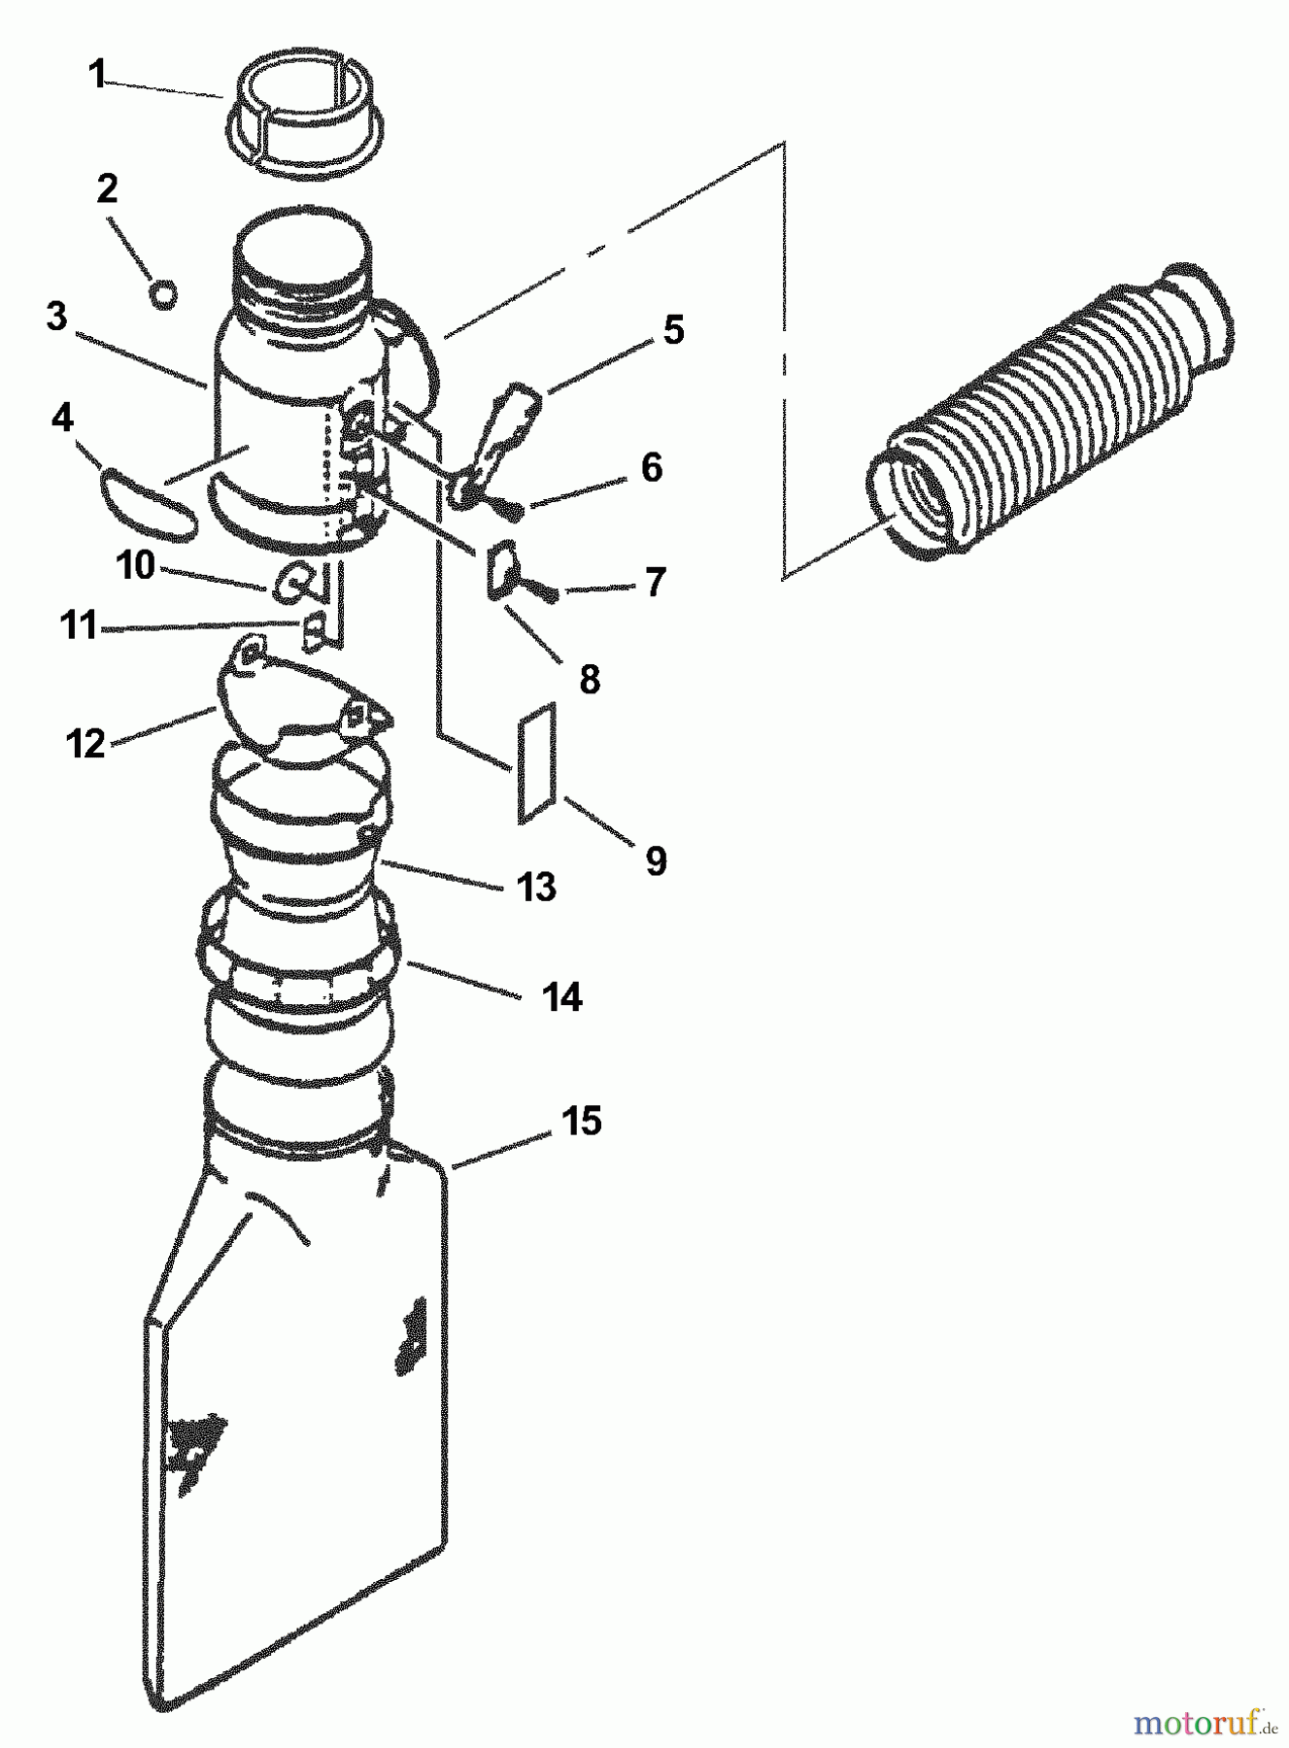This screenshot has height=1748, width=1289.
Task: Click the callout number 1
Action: click(x=96, y=75)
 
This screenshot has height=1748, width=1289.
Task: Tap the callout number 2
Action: click(x=107, y=188)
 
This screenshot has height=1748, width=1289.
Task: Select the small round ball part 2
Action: click(x=164, y=293)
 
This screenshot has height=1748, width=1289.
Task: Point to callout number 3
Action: click(x=56, y=317)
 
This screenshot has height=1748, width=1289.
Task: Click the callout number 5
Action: click(x=673, y=330)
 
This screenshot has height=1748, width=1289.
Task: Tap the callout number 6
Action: click(x=651, y=467)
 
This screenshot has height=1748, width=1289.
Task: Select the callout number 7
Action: click(x=655, y=582)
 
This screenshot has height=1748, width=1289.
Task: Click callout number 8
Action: click(x=590, y=680)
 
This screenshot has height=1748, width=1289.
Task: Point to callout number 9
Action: click(x=656, y=860)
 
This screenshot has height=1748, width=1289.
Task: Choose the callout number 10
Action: click(x=136, y=565)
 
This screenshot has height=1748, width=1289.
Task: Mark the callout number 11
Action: click(x=78, y=625)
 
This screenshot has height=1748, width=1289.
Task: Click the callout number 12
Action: click(x=85, y=745)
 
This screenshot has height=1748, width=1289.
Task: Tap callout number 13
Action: click(x=537, y=887)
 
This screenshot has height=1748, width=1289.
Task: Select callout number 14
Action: click(x=562, y=997)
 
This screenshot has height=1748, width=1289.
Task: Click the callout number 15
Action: click(x=581, y=1122)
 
